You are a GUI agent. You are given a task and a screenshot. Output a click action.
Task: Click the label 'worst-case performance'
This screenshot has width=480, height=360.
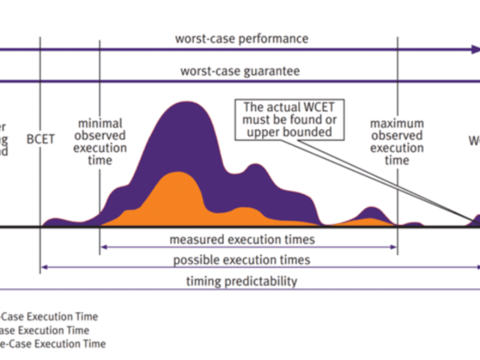pos(241,39)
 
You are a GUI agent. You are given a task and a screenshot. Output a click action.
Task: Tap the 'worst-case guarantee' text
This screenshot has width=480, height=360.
pos(240,71)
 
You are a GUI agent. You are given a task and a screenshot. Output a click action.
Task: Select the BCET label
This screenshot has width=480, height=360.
pos(41,139)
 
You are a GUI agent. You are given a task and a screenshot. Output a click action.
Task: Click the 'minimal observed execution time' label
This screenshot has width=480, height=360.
pos(100,142)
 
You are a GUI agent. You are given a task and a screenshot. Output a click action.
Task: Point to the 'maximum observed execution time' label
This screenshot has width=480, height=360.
pos(396,142)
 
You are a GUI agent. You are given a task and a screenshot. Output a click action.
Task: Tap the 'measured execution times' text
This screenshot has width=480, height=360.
pos(241,239)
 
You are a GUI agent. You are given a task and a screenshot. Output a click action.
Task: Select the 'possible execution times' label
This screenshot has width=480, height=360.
pos(241,260)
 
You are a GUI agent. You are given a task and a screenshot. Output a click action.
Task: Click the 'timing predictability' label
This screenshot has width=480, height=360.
pos(241,281)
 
